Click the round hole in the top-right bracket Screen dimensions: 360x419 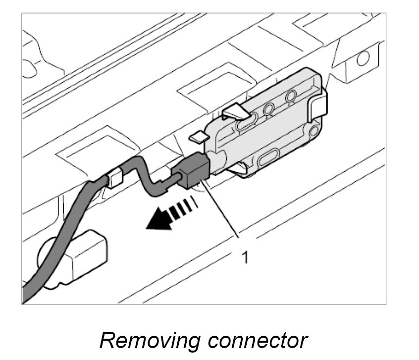(x=363, y=59)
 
